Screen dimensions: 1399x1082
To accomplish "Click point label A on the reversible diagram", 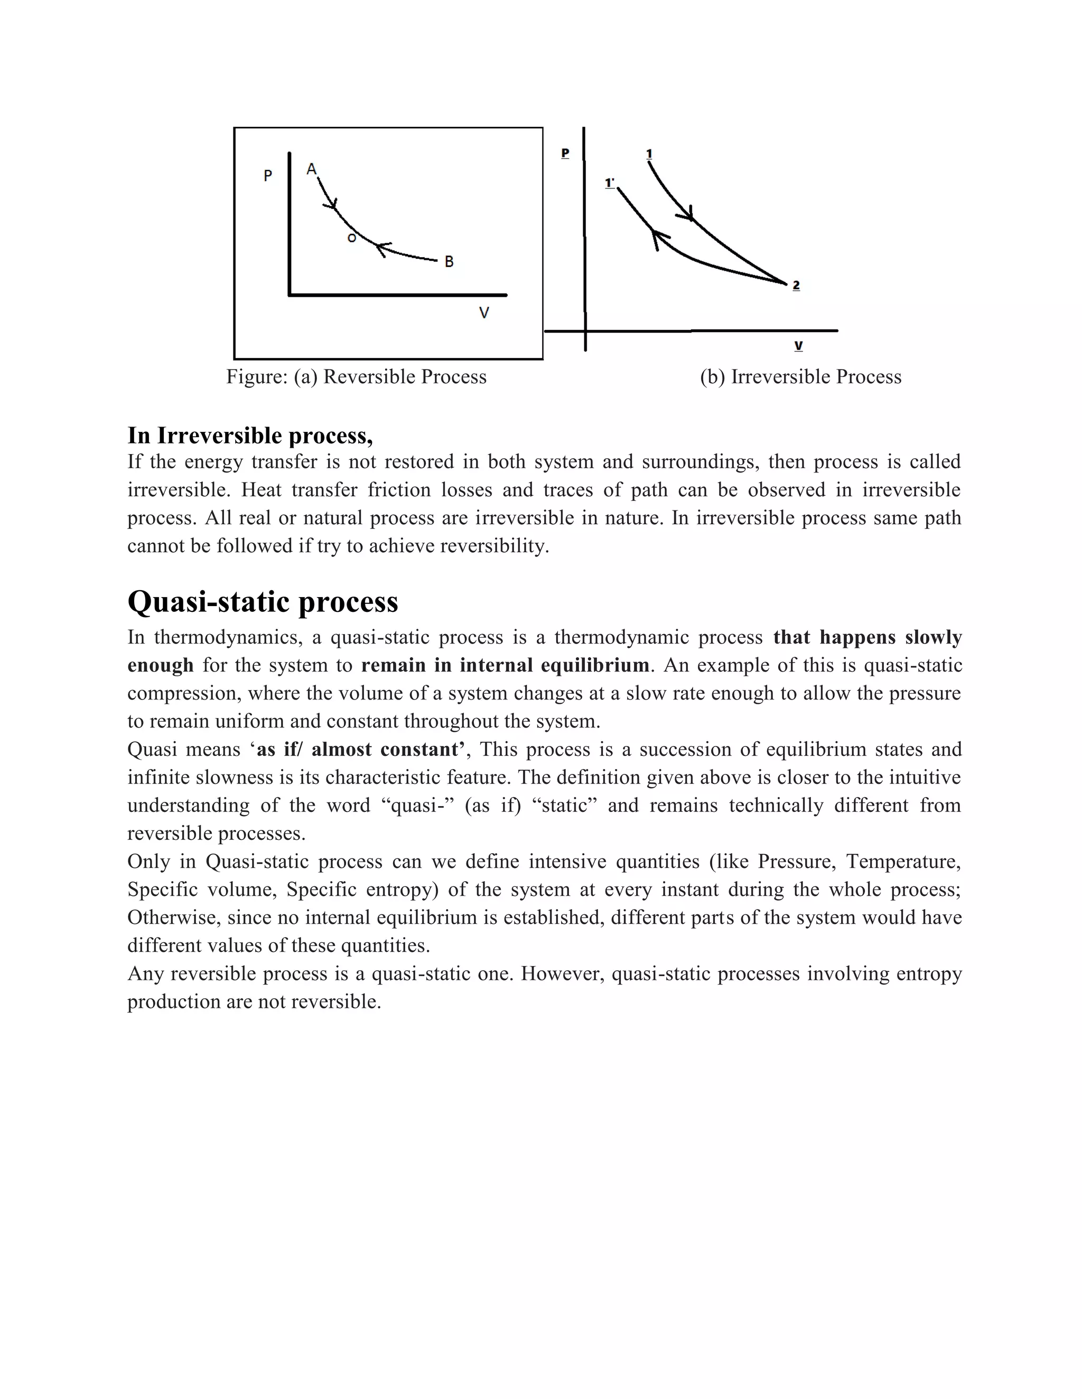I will tap(312, 169).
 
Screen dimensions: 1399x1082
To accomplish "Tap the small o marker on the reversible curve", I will tap(351, 238).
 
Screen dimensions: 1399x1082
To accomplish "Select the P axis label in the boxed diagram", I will tap(268, 175).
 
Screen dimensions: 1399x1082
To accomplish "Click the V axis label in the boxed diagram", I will tap(484, 313).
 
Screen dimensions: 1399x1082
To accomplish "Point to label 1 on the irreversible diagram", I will tap(649, 154).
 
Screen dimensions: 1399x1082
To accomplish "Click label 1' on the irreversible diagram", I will tap(610, 184).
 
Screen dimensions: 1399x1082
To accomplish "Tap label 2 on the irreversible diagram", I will tap(796, 285).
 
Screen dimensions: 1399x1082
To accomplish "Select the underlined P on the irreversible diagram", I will tap(565, 153).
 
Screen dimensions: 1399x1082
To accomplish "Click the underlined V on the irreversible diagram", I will tap(798, 346).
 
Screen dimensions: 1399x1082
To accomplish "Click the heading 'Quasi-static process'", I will tap(263, 601).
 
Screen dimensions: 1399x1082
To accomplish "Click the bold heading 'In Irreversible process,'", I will tap(250, 436).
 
